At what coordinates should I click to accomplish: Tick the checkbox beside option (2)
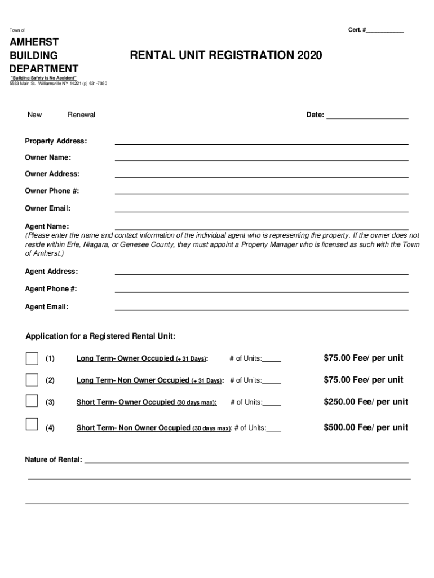click(x=32, y=379)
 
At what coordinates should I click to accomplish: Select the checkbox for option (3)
click(x=32, y=401)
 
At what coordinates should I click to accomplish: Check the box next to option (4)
click(x=32, y=424)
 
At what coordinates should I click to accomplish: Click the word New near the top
click(x=34, y=115)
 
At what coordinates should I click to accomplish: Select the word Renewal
click(x=81, y=115)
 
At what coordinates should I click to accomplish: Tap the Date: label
click(x=315, y=115)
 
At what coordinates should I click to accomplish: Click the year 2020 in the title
click(x=309, y=55)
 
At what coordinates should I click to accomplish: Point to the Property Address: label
click(x=56, y=141)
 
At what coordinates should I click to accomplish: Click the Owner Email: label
click(x=47, y=209)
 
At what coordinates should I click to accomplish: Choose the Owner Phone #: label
click(x=52, y=191)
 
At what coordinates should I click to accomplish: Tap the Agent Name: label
click(x=47, y=226)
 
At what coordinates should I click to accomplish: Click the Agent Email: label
click(x=47, y=307)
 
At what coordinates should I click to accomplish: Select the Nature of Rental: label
click(x=54, y=459)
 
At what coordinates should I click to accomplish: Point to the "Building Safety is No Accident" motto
click(x=44, y=78)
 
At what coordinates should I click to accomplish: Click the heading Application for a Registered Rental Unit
click(x=100, y=337)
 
